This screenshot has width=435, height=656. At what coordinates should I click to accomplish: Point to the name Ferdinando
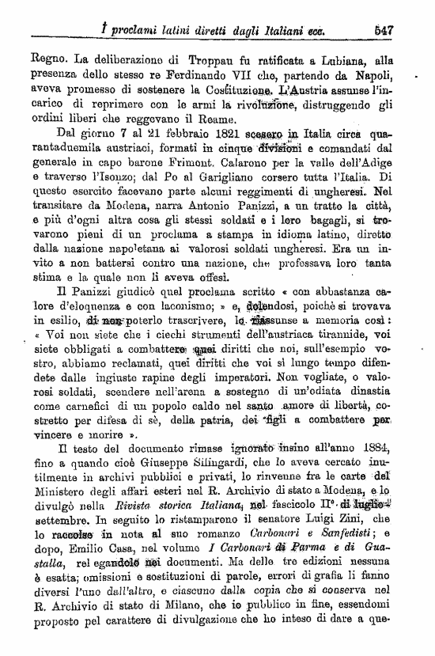[x=179, y=74]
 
